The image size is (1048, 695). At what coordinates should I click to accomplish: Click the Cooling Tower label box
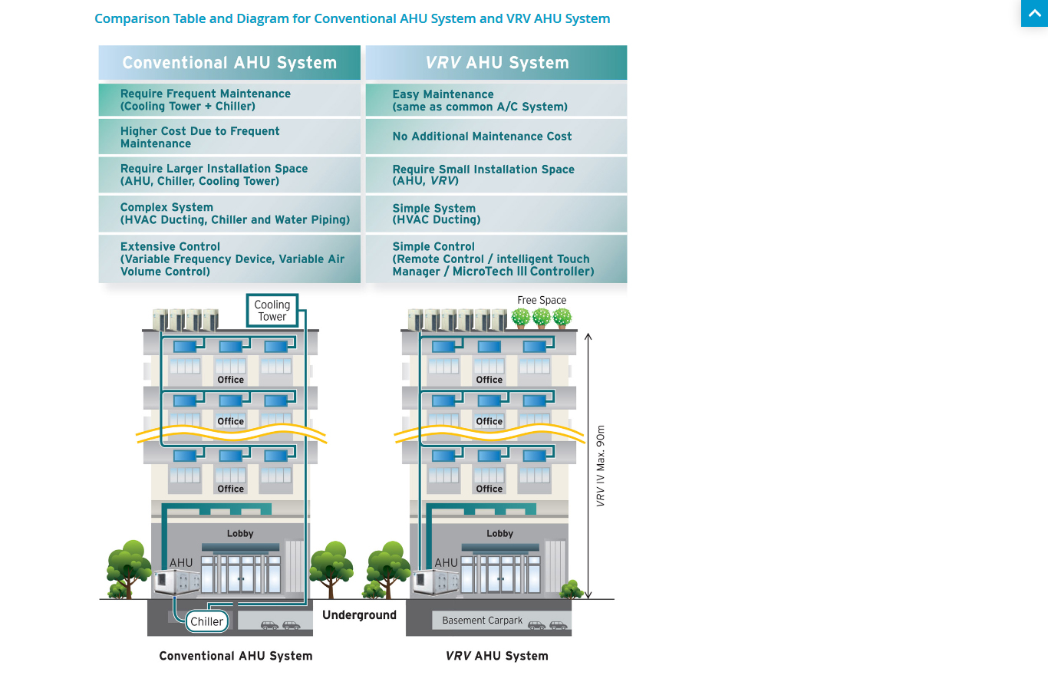point(272,311)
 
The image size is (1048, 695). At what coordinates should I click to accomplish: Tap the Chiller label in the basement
point(207,621)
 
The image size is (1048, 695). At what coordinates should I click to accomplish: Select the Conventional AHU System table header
point(229,63)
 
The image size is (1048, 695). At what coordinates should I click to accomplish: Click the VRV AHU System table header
point(496,63)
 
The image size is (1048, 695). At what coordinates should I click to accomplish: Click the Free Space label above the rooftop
point(542,301)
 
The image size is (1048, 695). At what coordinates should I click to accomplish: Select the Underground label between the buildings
point(359,615)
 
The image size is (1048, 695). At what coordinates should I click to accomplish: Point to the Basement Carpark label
point(482,621)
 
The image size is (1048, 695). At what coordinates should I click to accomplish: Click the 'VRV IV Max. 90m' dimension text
point(601,466)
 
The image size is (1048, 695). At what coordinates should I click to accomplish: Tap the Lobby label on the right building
point(499,534)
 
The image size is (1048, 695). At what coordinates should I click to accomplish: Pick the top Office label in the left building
point(230,380)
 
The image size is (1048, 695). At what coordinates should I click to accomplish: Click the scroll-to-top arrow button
point(1034,13)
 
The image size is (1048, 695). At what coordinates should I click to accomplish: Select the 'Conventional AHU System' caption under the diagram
point(236,656)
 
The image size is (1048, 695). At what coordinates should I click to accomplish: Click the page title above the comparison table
point(352,18)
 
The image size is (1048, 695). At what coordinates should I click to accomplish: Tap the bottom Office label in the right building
point(489,489)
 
